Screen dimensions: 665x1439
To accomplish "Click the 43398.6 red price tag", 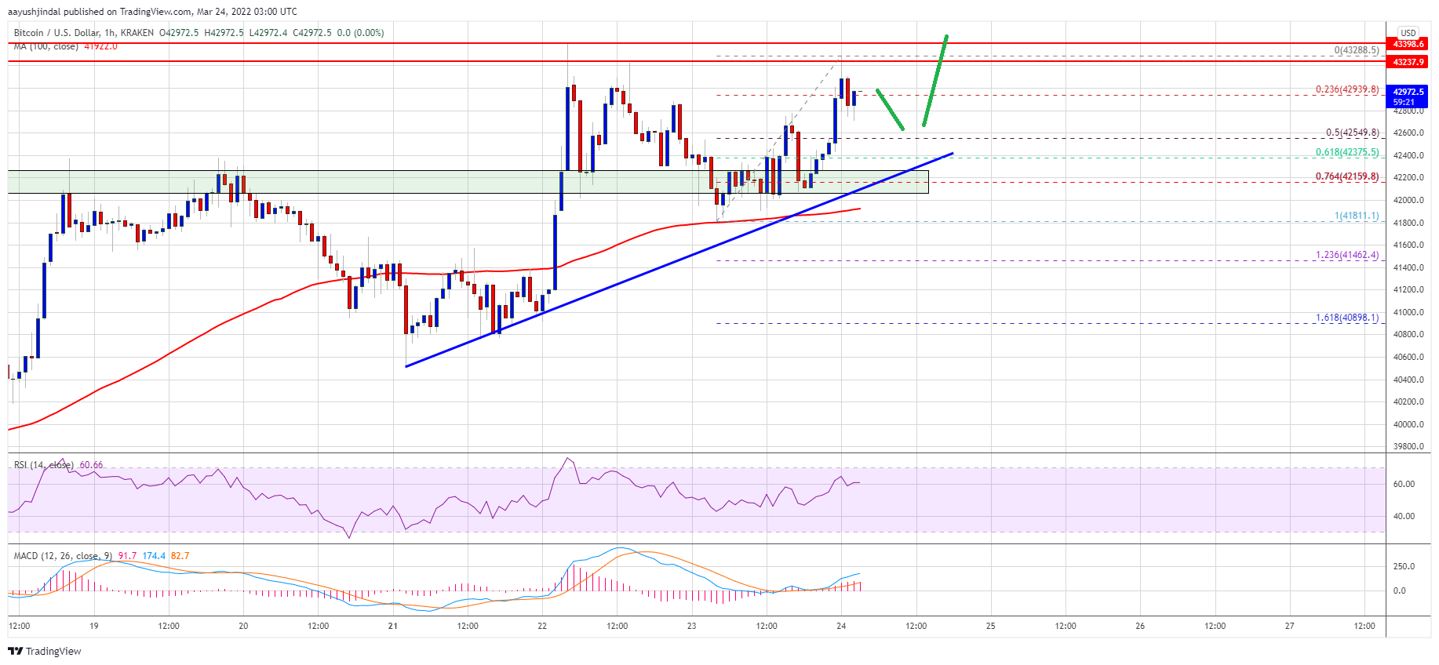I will click(x=1408, y=44).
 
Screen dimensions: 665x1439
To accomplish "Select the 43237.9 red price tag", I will click(x=1408, y=62).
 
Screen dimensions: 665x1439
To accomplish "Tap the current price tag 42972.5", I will click(x=1408, y=93).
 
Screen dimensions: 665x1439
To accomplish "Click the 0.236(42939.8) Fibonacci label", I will click(x=1346, y=89).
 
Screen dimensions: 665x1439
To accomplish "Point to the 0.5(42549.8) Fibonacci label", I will click(x=1352, y=133).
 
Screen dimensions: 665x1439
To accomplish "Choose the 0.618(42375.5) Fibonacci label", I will click(x=1346, y=153).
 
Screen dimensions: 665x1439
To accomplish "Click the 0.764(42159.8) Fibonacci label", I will click(x=1346, y=176).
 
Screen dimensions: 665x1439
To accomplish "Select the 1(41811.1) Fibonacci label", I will click(x=1356, y=216).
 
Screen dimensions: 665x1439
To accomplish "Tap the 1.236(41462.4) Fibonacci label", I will click(x=1346, y=255).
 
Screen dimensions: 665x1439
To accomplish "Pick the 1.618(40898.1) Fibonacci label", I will click(x=1346, y=318).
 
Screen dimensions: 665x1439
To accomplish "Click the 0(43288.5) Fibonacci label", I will click(x=1356, y=50).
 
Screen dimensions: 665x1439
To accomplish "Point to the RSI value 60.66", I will click(x=91, y=465).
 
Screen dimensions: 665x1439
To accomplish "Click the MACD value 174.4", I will click(x=154, y=556).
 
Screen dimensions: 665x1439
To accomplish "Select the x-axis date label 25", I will click(x=990, y=626).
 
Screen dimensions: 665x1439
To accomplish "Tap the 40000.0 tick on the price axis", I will click(x=1408, y=424).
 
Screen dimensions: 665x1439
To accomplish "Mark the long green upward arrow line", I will click(x=935, y=80).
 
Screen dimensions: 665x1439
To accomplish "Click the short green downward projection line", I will click(x=890, y=109).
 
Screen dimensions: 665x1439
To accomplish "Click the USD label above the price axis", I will click(x=1408, y=33).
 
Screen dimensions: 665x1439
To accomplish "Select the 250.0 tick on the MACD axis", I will click(x=1404, y=566).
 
